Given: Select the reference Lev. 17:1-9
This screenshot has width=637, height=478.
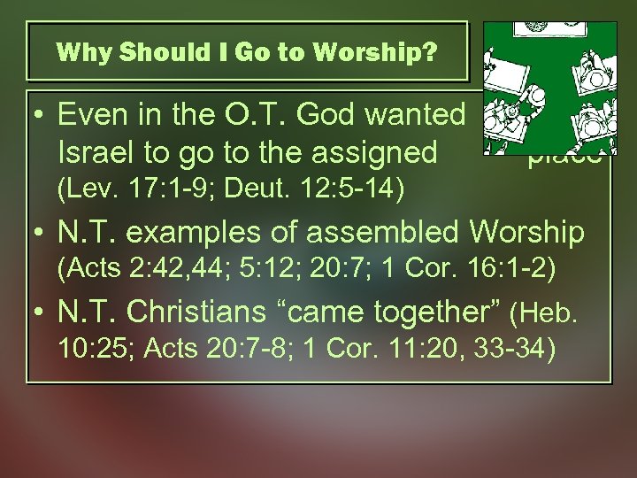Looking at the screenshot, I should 126,188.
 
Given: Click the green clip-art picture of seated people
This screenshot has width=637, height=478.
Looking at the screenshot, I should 547,89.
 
